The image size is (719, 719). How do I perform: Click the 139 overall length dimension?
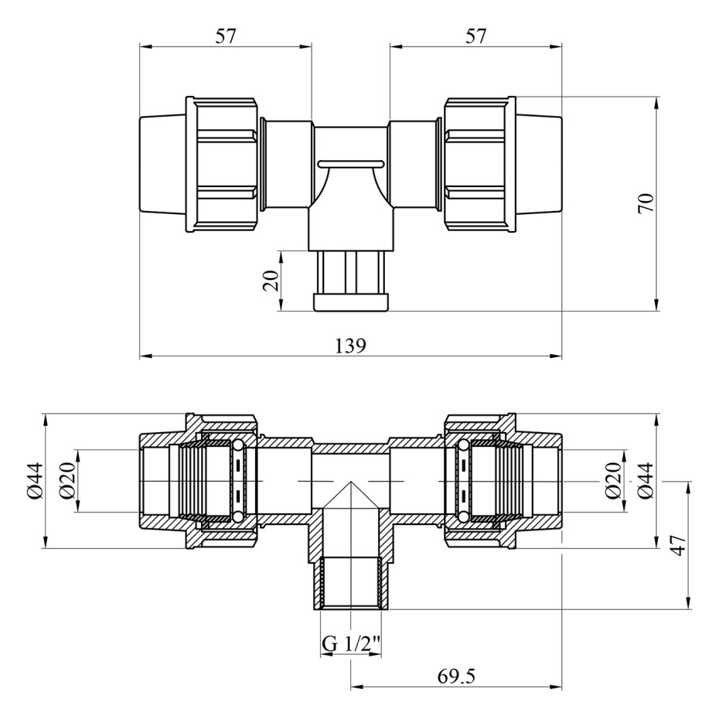click(x=351, y=346)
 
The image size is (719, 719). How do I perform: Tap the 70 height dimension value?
click(x=646, y=203)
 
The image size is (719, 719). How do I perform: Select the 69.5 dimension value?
click(x=456, y=676)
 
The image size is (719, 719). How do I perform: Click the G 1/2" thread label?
click(x=351, y=644)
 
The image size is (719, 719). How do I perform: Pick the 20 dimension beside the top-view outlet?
click(x=271, y=281)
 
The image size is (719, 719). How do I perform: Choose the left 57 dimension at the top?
click(x=226, y=36)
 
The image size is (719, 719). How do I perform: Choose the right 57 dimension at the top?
click(x=475, y=36)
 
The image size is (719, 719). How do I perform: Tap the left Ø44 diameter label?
click(x=36, y=481)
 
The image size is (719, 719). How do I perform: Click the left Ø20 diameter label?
click(x=67, y=481)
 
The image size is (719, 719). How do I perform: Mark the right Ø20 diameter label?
click(x=613, y=481)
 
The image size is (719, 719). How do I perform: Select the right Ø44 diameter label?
click(x=646, y=481)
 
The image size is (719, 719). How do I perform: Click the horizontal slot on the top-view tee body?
click(x=351, y=163)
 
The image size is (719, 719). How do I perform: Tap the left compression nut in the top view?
click(x=222, y=165)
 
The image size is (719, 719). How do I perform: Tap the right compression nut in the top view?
click(x=480, y=165)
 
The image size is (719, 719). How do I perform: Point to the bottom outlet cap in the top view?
click(x=351, y=302)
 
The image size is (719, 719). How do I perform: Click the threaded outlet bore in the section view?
click(x=351, y=583)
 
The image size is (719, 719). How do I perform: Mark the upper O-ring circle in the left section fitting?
click(x=237, y=445)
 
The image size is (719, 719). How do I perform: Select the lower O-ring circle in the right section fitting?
click(x=464, y=516)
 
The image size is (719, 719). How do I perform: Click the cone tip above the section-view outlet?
click(x=351, y=482)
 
